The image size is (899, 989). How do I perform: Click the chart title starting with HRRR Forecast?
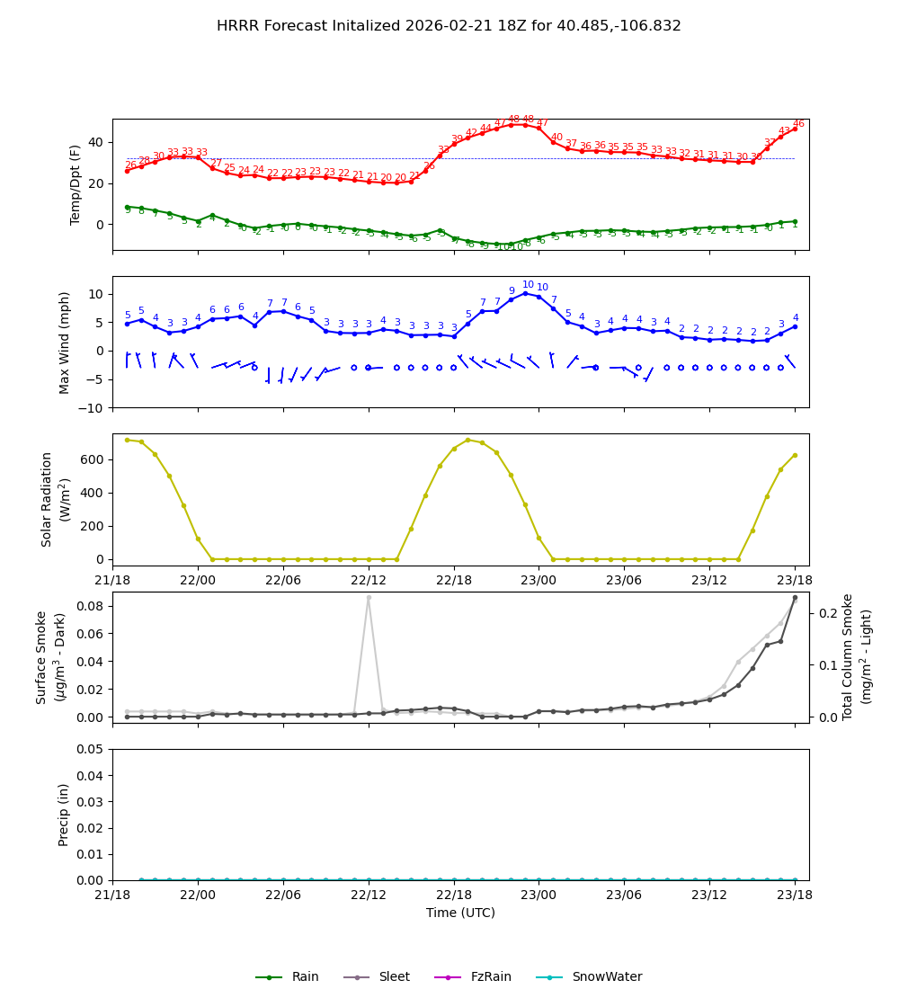tap(449, 26)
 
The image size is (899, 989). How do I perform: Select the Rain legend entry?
tap(288, 977)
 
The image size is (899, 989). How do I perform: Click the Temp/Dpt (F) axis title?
tap(76, 184)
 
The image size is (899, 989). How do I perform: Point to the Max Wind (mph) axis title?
tap(65, 342)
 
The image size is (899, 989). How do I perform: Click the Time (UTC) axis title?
tap(460, 913)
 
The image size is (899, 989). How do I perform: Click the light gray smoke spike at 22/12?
tap(369, 597)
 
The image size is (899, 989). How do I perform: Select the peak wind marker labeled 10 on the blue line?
tap(525, 293)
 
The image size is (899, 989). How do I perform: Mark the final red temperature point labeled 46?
tap(795, 129)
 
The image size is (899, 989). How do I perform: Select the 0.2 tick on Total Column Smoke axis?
tap(830, 613)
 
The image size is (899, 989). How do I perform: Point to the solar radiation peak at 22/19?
tap(467, 440)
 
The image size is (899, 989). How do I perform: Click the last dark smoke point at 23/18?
tap(795, 597)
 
